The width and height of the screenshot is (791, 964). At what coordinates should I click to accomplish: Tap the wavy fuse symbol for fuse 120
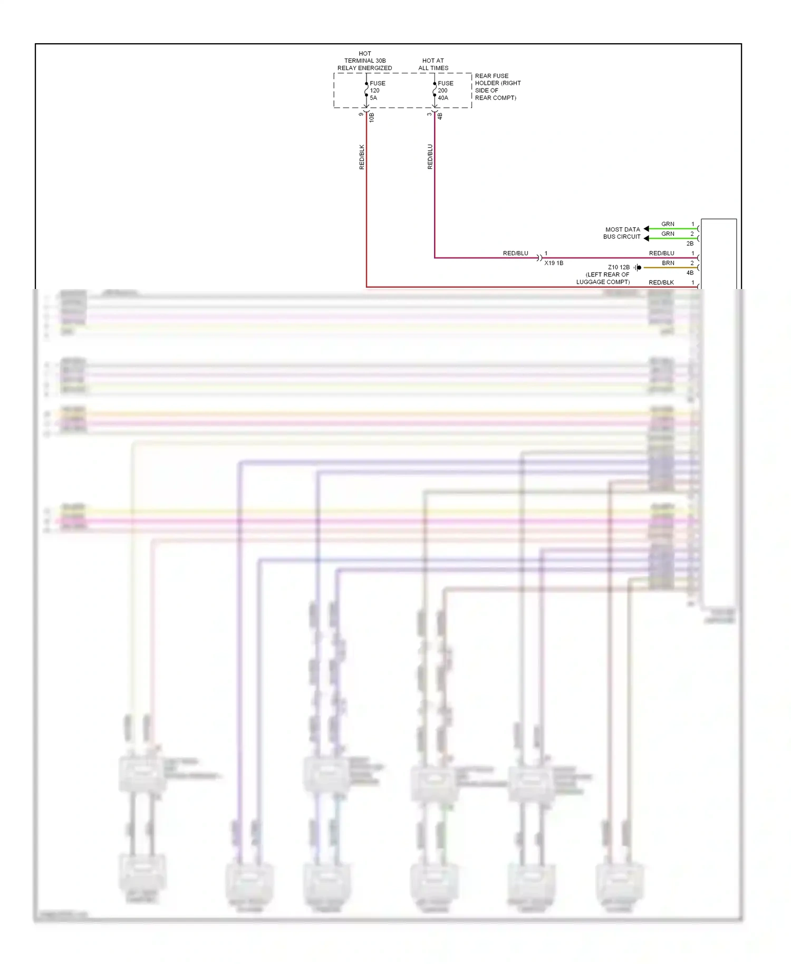click(366, 90)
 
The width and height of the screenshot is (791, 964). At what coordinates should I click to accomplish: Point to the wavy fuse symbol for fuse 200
click(435, 90)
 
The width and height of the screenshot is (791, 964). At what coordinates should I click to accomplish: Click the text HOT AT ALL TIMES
click(433, 64)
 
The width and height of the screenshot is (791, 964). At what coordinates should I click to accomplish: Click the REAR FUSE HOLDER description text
click(497, 86)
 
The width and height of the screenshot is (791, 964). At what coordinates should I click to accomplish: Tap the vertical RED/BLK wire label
click(362, 157)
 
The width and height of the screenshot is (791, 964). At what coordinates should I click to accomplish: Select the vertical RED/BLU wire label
click(430, 157)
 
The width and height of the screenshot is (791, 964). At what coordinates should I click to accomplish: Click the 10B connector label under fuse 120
click(372, 117)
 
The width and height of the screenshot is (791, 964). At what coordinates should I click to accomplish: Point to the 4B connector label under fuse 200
click(440, 116)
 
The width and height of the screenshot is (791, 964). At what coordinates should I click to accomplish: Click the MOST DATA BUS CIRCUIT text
click(622, 233)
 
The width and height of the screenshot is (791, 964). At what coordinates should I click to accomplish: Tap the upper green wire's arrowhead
click(647, 229)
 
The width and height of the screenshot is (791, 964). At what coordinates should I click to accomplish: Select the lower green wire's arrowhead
click(647, 238)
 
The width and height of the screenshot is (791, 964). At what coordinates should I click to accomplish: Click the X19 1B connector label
click(554, 263)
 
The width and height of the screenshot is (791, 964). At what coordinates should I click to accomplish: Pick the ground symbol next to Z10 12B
click(638, 267)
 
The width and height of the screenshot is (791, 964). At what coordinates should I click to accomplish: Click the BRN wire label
click(668, 263)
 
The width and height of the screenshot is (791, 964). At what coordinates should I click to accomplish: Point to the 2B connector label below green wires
click(690, 244)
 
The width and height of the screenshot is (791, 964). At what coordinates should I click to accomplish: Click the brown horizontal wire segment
click(670, 268)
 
